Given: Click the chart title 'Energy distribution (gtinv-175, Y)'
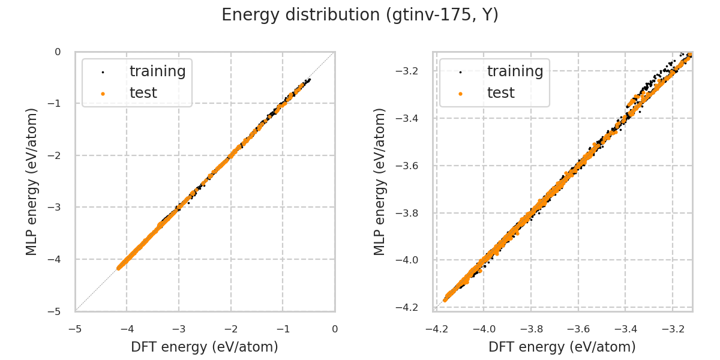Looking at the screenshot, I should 360,15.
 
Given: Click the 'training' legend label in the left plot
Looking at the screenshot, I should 157,71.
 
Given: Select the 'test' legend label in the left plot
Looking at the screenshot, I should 143,93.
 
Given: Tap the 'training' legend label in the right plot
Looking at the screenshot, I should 515,71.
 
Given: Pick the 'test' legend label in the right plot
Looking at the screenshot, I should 500,93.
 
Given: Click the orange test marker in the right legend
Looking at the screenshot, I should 460,94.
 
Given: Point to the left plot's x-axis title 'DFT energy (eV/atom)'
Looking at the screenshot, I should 205,347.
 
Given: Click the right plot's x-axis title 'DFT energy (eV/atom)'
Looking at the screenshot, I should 562,347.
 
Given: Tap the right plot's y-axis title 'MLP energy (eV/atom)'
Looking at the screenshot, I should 380,181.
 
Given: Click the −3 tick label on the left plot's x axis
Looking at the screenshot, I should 179,329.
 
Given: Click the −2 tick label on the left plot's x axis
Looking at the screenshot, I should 231,329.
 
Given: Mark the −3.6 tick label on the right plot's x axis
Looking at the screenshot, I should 578,329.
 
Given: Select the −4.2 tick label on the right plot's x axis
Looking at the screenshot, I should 437,329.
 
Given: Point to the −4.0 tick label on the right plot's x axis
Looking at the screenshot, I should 484,329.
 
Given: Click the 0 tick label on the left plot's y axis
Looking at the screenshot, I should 58,52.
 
